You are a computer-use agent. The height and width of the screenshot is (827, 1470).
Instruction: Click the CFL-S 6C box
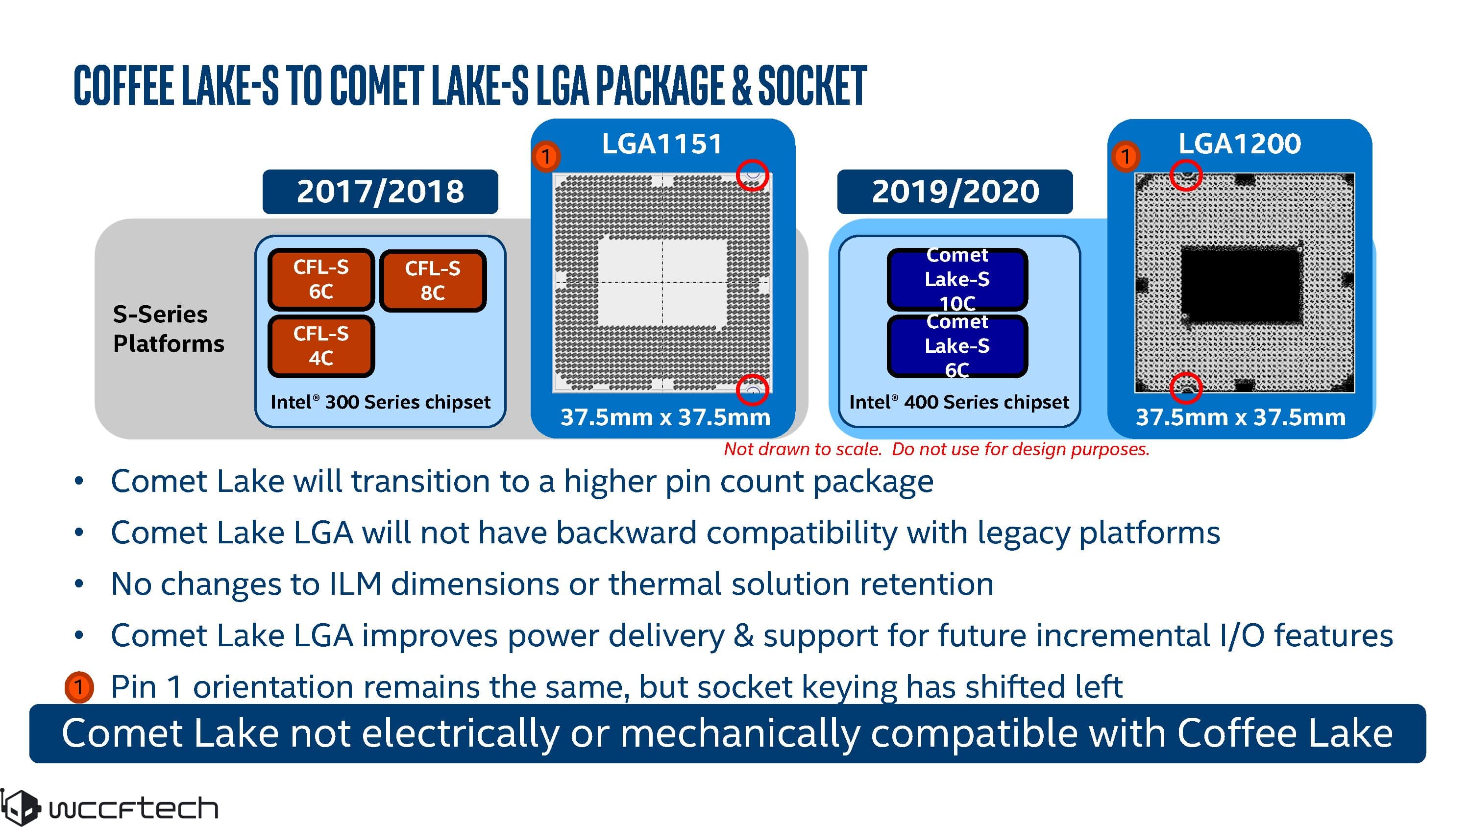[321, 279]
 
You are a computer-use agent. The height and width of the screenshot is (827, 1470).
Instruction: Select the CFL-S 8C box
[433, 280]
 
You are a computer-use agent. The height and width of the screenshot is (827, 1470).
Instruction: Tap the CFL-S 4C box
[321, 346]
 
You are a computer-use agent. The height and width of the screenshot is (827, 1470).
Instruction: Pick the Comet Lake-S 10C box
[957, 279]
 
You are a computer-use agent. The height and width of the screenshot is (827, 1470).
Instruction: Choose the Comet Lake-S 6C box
[957, 346]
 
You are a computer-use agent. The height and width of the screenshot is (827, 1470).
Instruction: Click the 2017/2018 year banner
[380, 192]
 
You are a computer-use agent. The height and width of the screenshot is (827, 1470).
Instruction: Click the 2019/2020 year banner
[955, 192]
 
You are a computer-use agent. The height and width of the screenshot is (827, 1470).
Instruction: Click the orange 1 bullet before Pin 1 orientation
[79, 686]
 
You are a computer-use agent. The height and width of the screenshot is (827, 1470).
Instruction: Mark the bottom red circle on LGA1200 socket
[1186, 388]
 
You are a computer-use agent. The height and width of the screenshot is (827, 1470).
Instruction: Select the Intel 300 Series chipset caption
[380, 402]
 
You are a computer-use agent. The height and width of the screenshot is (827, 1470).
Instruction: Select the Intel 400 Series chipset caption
[959, 402]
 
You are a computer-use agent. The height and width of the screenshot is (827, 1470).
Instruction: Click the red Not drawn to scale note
[936, 449]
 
